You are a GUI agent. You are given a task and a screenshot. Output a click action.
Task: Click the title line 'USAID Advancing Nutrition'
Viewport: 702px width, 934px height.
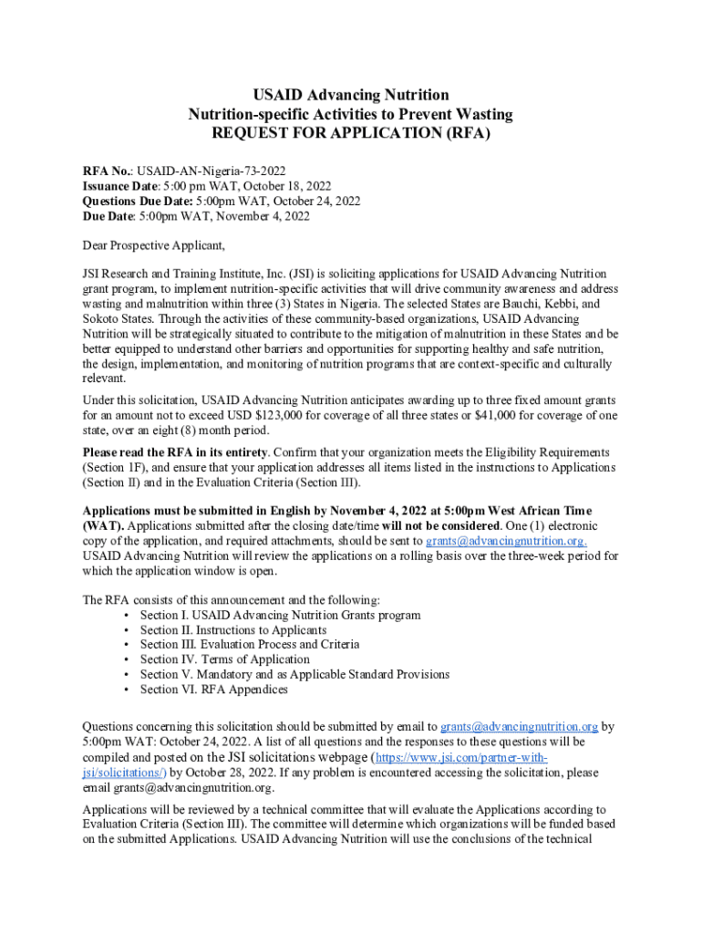(x=350, y=95)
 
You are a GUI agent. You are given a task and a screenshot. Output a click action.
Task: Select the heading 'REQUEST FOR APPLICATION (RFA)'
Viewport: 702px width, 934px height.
(x=350, y=133)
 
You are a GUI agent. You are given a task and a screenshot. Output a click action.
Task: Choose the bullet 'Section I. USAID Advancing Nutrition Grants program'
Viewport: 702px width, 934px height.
(x=280, y=615)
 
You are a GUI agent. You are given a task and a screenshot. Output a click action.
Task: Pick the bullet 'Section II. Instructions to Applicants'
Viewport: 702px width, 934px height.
(x=232, y=630)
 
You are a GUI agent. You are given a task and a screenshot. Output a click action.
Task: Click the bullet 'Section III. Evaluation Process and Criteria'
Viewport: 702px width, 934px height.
(x=249, y=645)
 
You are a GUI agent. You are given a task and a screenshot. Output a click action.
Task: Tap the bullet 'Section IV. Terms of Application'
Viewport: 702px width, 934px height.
(x=224, y=659)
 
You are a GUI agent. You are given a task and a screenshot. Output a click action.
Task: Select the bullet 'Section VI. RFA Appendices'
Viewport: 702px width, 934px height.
(x=213, y=690)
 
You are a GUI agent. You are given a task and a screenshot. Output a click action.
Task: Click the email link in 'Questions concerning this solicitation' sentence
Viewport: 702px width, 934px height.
(x=519, y=727)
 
